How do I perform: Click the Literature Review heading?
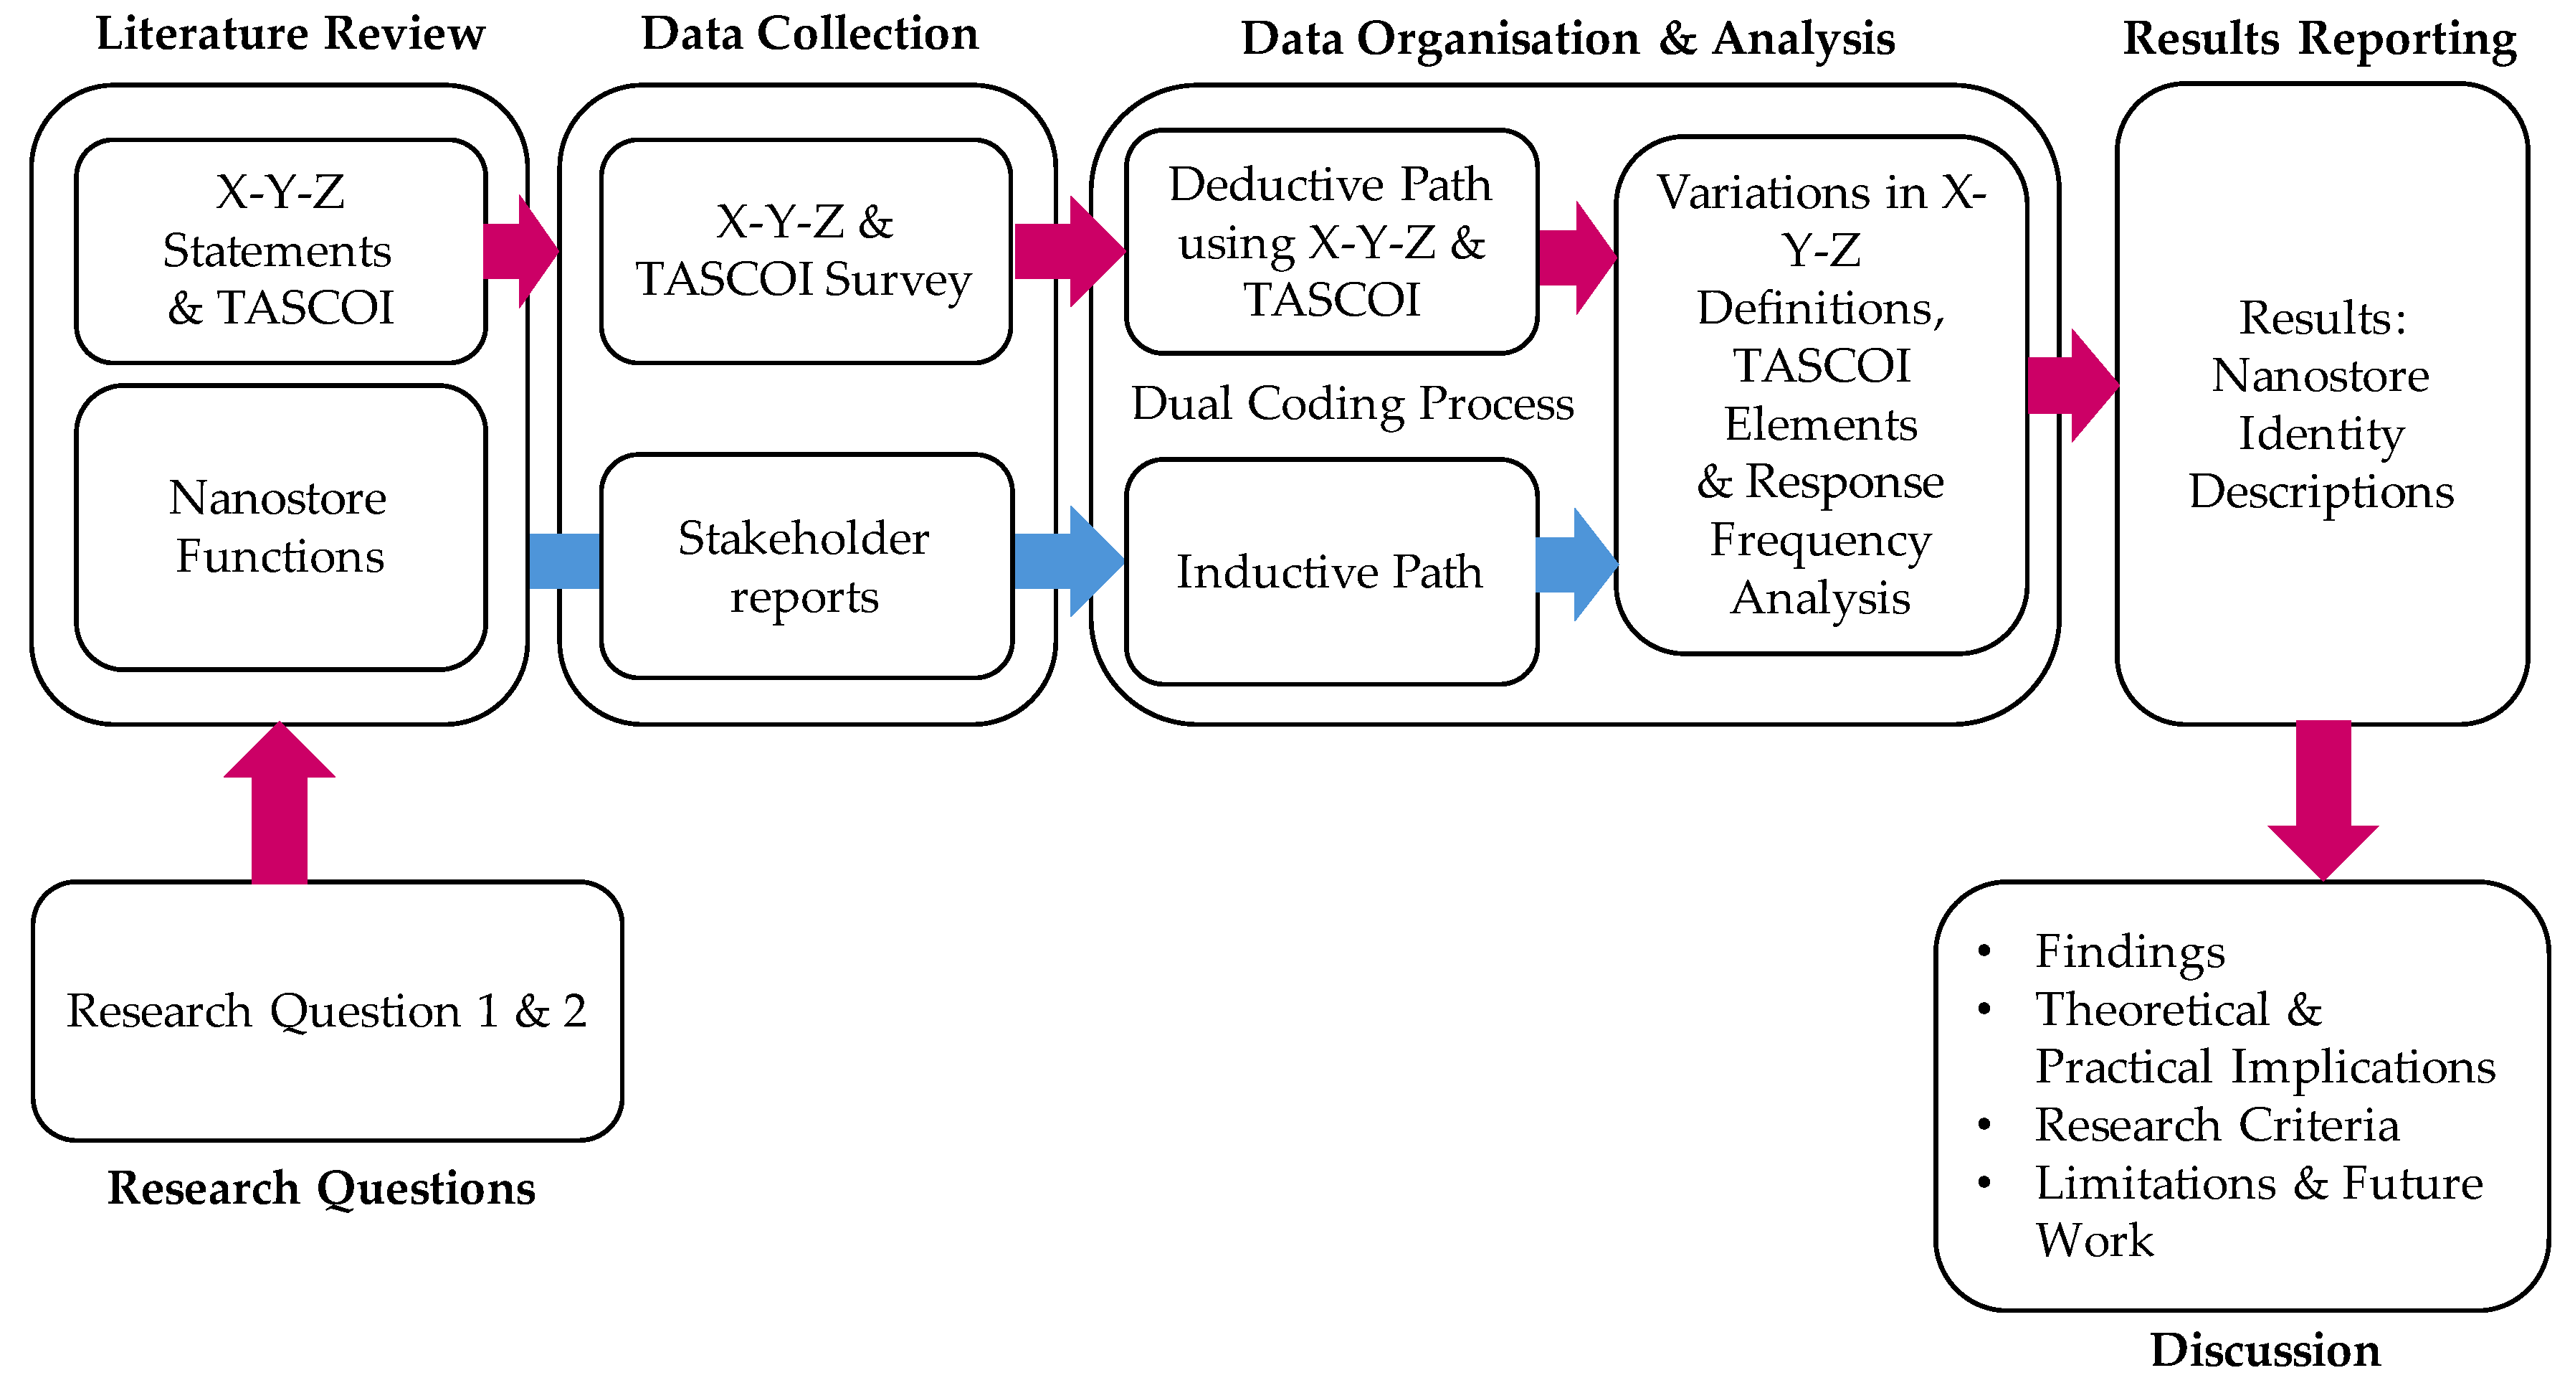tap(290, 34)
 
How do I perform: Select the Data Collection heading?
tap(809, 34)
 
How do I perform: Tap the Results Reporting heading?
tap(2319, 38)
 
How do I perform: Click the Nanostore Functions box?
tap(280, 527)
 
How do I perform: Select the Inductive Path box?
tap(1330, 572)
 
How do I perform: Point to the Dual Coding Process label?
tap(1351, 404)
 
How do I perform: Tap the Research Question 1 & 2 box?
tap(327, 1010)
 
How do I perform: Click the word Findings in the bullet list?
tap(2129, 951)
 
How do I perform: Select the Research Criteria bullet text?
tap(2216, 1125)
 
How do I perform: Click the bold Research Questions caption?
tap(321, 1188)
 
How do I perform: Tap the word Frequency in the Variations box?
tap(1819, 541)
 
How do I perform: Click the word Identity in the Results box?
tap(2320, 434)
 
